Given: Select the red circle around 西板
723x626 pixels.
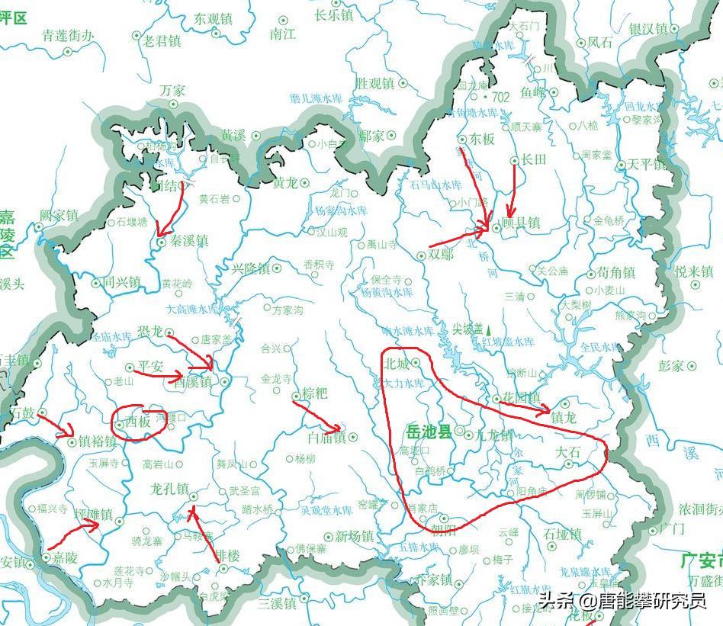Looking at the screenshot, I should click(x=138, y=422).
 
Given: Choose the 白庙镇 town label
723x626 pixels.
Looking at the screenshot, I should click(x=326, y=438).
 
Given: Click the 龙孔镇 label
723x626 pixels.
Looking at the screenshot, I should click(x=169, y=488).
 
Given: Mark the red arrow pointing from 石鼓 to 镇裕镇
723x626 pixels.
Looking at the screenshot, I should click(x=55, y=424).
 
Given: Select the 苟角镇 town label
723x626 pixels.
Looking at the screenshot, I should click(x=616, y=271).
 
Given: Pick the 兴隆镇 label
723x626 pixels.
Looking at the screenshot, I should click(x=252, y=268).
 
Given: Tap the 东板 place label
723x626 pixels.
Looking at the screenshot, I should click(x=482, y=139).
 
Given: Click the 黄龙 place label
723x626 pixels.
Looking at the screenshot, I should click(x=286, y=183).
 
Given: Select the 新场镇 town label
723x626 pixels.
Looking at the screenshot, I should click(x=352, y=536).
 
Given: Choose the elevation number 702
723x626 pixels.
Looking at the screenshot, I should click(x=500, y=98).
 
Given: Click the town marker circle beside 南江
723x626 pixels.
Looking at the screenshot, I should click(x=284, y=18).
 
